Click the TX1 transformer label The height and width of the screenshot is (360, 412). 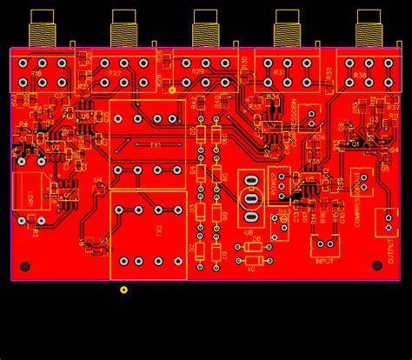click(x=156, y=144)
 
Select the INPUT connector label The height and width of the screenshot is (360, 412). click(x=325, y=260)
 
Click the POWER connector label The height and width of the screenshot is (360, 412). click(x=275, y=184)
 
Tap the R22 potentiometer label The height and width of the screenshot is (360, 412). click(x=116, y=74)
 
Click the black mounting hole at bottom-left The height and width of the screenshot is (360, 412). click(x=25, y=266)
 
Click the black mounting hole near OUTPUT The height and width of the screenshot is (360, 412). click(x=377, y=266)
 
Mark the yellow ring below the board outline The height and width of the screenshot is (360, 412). click(x=123, y=290)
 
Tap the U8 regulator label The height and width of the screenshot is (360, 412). click(x=249, y=232)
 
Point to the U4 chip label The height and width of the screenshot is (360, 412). click(x=97, y=181)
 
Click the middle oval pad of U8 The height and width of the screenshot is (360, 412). click(x=252, y=197)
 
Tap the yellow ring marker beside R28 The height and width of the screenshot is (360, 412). click(x=172, y=90)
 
